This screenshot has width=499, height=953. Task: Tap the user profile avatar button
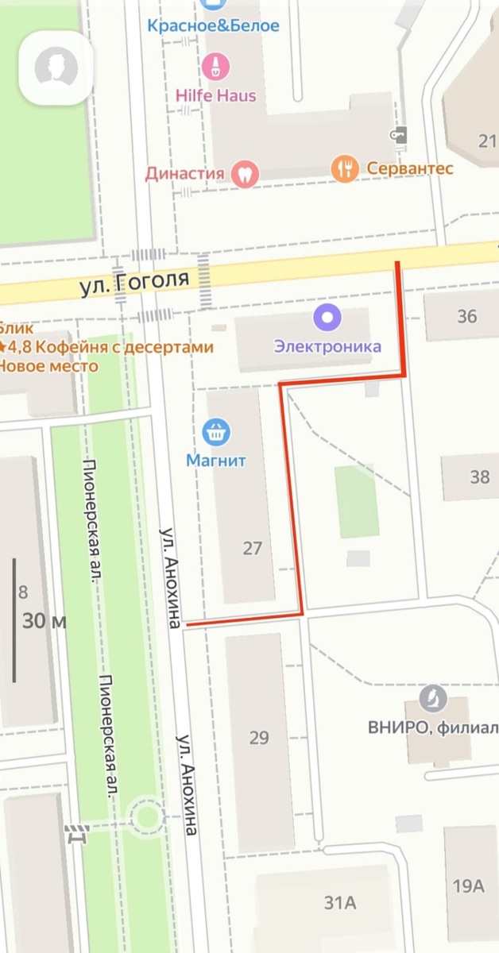click(56, 68)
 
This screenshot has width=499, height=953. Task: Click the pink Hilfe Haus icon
click(215, 66)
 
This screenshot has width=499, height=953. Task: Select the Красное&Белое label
click(213, 25)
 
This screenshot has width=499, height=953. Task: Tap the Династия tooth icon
click(245, 172)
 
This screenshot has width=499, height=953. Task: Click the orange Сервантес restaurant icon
click(345, 168)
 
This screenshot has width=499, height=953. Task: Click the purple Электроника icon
click(327, 318)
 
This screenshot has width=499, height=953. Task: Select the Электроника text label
click(327, 346)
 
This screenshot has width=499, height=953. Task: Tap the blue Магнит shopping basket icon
click(216, 432)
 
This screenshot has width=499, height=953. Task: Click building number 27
click(252, 548)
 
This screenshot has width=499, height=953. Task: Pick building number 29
click(259, 738)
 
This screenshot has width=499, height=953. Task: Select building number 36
click(467, 316)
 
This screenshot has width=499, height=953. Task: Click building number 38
click(480, 476)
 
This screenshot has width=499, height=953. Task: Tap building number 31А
click(339, 902)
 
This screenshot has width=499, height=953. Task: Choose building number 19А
click(469, 885)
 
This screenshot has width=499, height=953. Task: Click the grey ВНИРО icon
click(433, 699)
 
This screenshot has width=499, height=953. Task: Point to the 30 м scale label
click(44, 621)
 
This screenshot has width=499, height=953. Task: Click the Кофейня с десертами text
click(111, 347)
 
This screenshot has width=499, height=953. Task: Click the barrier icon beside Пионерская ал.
click(77, 834)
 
